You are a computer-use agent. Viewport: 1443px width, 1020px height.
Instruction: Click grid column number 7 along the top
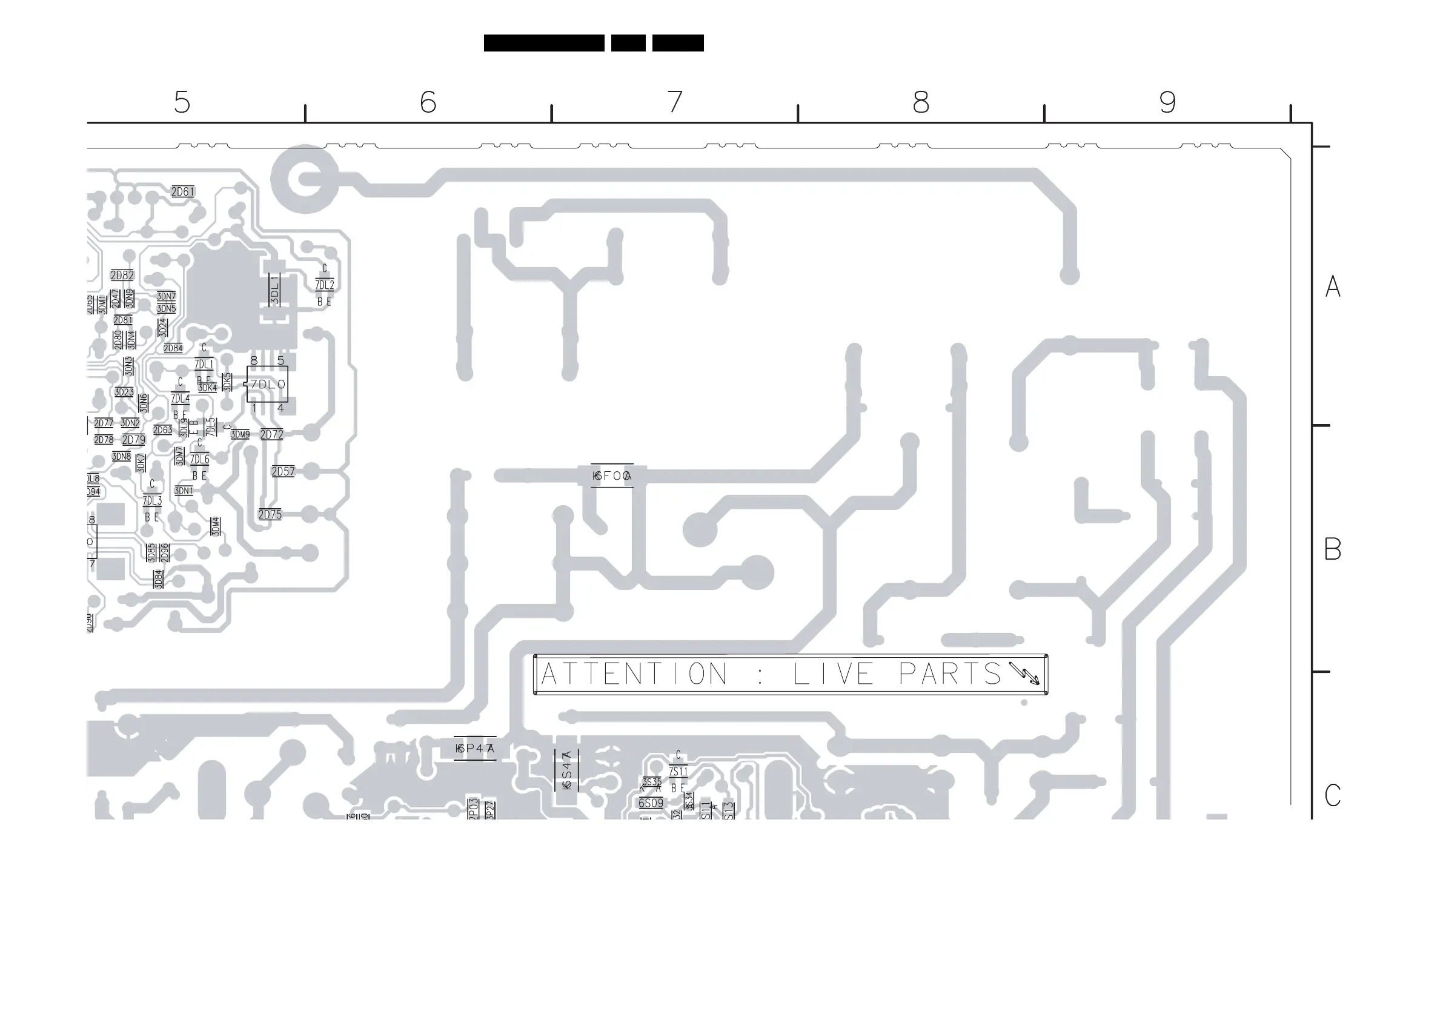tap(674, 102)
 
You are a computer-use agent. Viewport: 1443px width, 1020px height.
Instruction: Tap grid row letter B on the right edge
tap(1332, 549)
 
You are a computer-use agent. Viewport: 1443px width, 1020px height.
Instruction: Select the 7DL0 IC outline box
tap(268, 384)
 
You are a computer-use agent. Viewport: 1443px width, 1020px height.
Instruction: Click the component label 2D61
tap(183, 191)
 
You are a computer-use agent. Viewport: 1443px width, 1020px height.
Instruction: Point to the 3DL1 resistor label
tap(274, 290)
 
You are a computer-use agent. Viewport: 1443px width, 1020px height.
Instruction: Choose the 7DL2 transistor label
tap(324, 285)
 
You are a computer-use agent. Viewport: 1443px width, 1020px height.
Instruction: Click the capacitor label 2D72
tap(271, 434)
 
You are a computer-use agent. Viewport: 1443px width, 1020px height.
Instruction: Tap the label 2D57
tap(283, 471)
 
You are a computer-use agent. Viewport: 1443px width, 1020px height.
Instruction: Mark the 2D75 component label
tap(270, 515)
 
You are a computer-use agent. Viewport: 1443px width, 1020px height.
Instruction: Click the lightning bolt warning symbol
tap(1024, 673)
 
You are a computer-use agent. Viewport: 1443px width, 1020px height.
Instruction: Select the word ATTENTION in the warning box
tap(634, 674)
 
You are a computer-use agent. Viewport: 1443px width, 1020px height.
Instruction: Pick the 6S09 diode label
tap(651, 803)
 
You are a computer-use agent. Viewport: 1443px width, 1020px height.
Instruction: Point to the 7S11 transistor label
tap(678, 771)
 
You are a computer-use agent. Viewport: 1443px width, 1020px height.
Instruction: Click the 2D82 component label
tap(122, 275)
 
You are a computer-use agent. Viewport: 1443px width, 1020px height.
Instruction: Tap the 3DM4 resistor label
tap(216, 526)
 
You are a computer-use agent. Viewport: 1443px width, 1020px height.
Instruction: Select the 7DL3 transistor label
tap(152, 501)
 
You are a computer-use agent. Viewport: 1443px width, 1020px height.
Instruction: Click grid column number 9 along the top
tap(1167, 102)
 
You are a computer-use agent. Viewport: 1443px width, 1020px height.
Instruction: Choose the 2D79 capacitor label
tap(133, 440)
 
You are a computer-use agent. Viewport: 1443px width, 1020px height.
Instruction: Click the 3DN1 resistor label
tap(184, 491)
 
